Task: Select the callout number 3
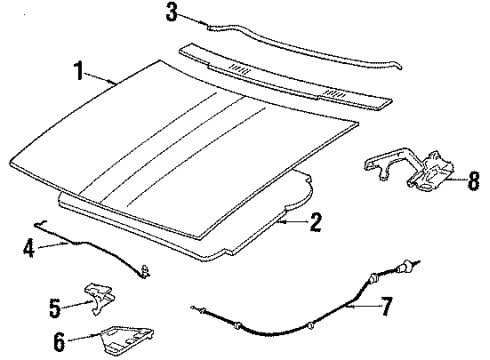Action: [171, 13]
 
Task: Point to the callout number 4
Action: [29, 246]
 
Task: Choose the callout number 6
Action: [59, 342]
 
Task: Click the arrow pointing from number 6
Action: [85, 340]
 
